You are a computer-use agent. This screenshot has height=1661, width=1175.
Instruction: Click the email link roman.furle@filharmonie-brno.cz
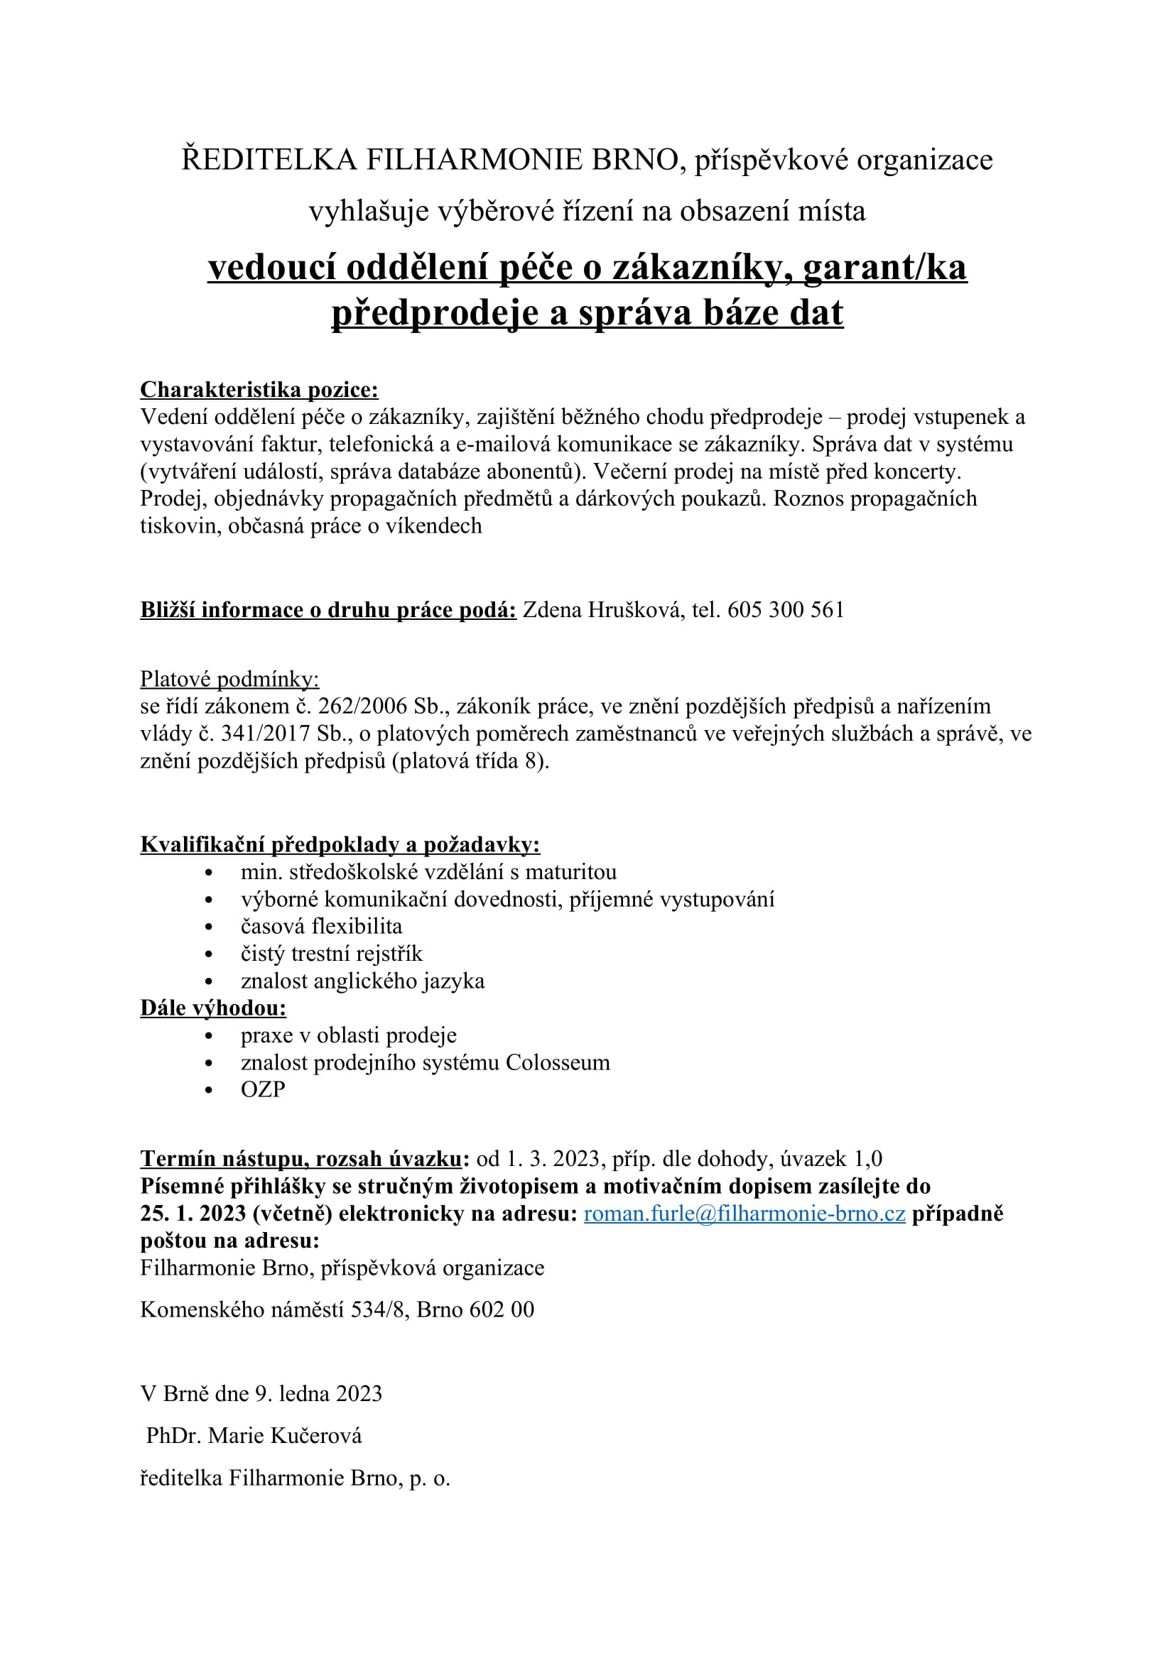tap(744, 1213)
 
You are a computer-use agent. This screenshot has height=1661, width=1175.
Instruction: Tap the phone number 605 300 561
tap(786, 610)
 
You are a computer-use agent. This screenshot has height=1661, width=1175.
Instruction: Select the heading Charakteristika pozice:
tap(259, 390)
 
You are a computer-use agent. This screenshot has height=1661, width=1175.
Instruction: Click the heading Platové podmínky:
tap(229, 680)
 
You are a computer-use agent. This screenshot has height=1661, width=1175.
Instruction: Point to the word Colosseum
tap(557, 1063)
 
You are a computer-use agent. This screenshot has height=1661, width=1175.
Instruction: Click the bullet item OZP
tap(263, 1089)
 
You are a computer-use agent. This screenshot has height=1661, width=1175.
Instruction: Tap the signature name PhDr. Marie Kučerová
tap(254, 1436)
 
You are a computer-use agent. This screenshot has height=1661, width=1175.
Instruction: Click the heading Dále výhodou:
tap(213, 1008)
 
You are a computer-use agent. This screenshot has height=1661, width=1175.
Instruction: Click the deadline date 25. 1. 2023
tap(193, 1213)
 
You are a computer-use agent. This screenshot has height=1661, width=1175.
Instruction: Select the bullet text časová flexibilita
tap(321, 927)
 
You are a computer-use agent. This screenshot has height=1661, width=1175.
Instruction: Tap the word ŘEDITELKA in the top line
tap(269, 160)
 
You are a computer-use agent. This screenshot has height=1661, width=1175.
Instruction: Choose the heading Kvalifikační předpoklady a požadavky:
tap(340, 845)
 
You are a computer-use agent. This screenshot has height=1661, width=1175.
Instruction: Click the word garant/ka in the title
tap(884, 268)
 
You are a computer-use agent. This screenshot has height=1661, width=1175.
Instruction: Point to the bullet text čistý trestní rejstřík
tap(331, 954)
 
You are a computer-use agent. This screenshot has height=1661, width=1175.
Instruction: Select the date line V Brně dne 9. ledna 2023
tap(261, 1394)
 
